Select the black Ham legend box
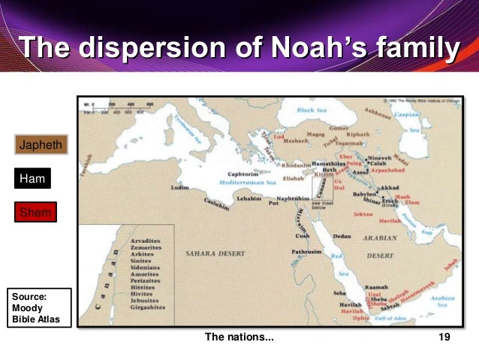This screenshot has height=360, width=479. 32,179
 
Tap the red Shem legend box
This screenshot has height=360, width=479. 35,213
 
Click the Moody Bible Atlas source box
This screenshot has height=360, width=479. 38,308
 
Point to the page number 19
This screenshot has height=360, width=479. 444,338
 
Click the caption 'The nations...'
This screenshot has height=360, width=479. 239,338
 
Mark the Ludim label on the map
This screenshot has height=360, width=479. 180,187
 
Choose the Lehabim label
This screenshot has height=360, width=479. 249,199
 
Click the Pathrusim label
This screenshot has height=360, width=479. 307,253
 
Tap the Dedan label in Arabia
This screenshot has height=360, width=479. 342,236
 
